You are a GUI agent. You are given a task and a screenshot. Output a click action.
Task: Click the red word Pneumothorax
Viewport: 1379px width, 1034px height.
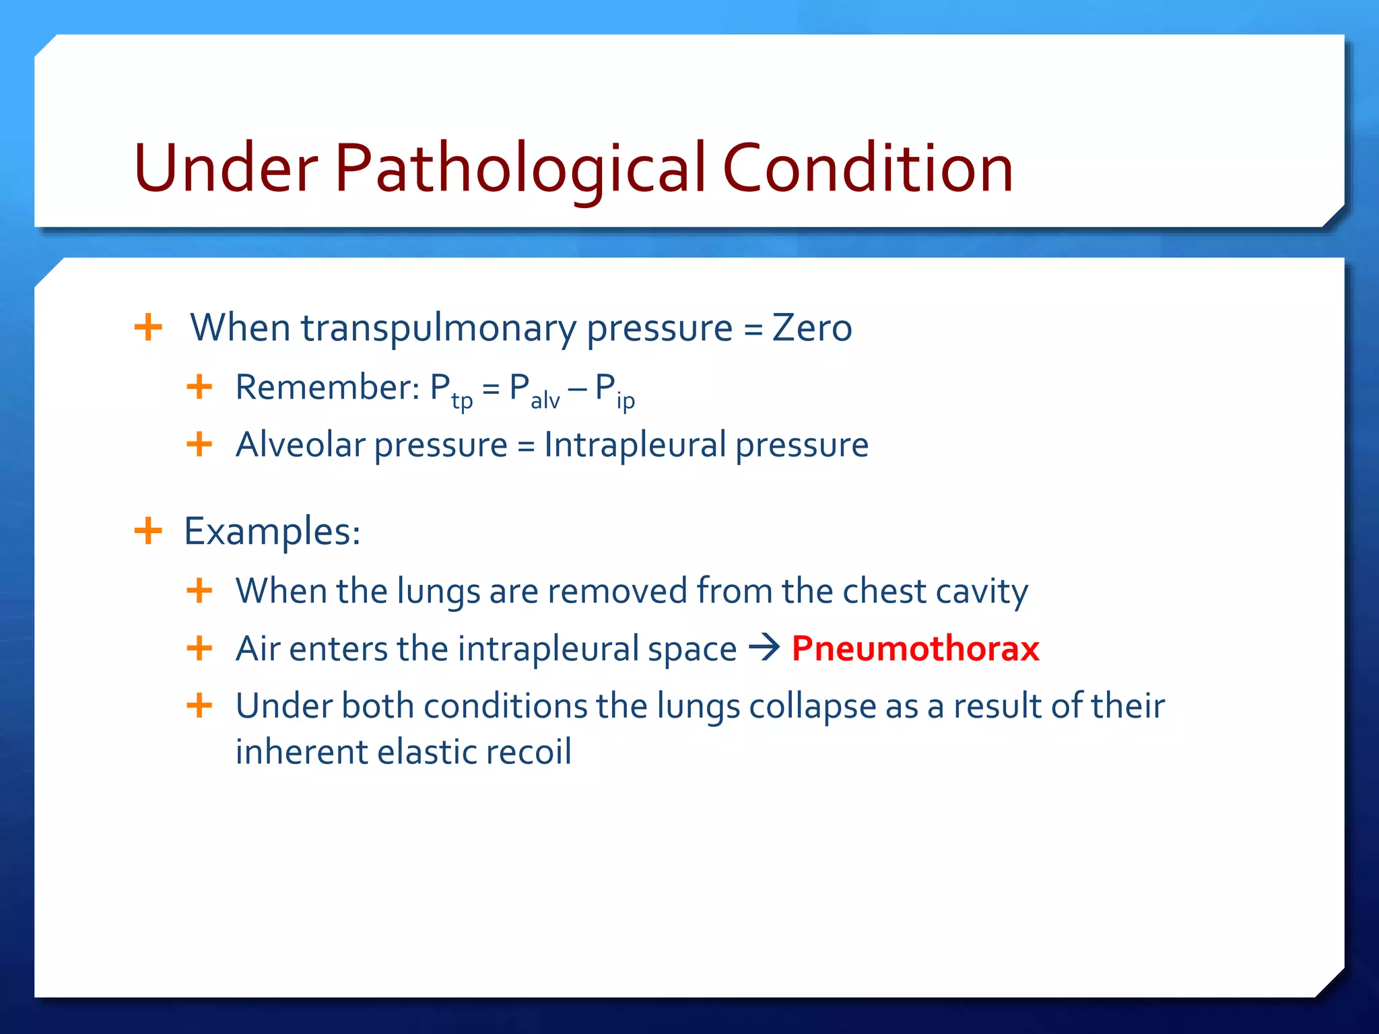(x=915, y=648)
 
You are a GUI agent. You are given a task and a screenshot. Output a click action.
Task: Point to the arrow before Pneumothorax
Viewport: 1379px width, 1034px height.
(x=764, y=648)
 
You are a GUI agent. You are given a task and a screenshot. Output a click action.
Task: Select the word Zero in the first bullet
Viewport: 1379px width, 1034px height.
(x=811, y=328)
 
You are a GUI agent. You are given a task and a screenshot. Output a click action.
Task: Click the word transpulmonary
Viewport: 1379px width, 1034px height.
(x=438, y=328)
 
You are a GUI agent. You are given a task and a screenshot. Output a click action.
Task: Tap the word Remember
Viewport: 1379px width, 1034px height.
(x=327, y=388)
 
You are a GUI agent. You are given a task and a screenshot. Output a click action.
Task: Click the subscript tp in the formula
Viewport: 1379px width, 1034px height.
(x=462, y=401)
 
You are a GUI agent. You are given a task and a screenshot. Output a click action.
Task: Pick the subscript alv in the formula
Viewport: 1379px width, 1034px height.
(x=545, y=401)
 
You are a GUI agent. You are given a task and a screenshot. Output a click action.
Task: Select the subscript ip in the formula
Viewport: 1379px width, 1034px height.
(x=626, y=401)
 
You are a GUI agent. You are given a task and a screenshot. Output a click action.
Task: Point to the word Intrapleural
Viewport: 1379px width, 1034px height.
(x=635, y=445)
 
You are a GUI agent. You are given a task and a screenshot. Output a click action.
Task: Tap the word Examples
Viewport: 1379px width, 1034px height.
(x=271, y=532)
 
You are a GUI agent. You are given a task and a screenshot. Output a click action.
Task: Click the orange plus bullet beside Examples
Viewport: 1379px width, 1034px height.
(x=148, y=530)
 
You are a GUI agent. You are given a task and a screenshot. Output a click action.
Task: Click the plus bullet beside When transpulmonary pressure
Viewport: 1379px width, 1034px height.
(x=148, y=328)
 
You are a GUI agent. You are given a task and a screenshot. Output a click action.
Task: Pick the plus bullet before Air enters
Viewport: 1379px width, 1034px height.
(x=199, y=648)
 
